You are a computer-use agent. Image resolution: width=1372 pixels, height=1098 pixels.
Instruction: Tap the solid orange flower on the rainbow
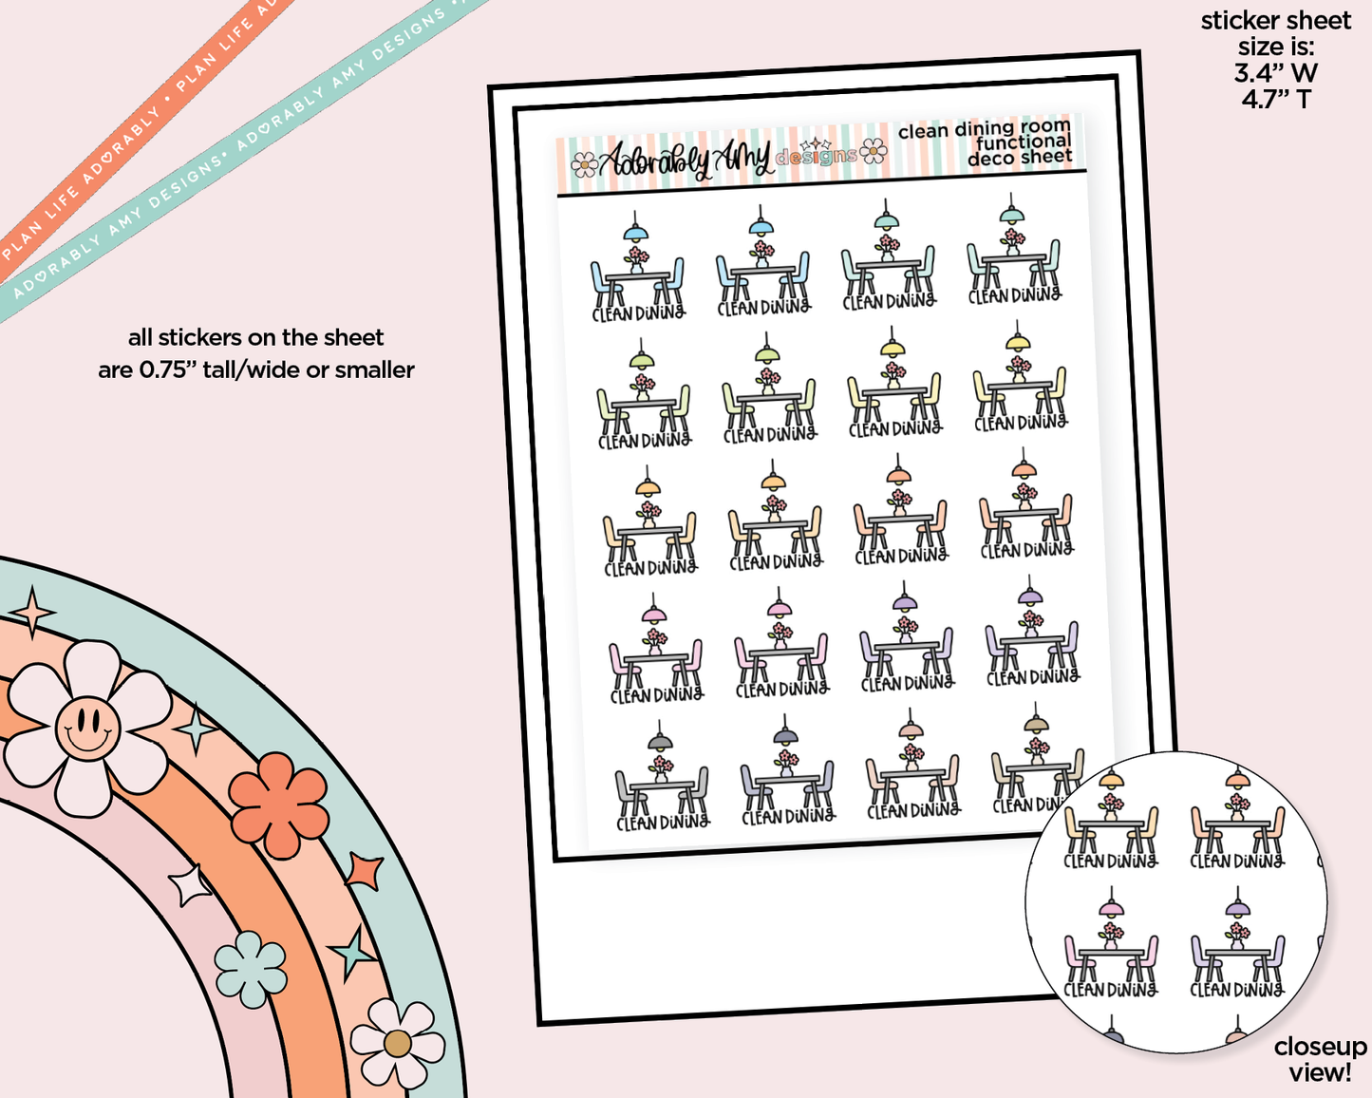click(x=279, y=805)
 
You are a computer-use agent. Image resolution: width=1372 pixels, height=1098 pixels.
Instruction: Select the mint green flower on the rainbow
click(x=251, y=968)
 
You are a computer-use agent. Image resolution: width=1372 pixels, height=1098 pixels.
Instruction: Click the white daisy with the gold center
click(x=397, y=1043)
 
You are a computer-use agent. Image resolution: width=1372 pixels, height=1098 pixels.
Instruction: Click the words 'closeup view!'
click(x=1320, y=1059)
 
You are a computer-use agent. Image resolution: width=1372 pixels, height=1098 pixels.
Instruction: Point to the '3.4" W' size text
click(x=1275, y=72)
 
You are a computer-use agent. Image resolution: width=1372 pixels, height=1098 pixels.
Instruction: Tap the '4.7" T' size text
click(x=1275, y=98)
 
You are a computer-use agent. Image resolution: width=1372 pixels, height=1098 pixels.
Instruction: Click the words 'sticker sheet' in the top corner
click(x=1275, y=21)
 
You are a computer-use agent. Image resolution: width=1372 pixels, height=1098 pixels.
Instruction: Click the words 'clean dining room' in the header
click(x=984, y=128)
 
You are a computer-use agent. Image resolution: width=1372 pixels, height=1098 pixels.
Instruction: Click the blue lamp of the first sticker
click(x=635, y=233)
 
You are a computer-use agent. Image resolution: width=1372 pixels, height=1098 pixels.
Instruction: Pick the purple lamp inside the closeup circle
click(x=1236, y=909)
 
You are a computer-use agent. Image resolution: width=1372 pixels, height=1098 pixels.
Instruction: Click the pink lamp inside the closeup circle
click(x=1110, y=909)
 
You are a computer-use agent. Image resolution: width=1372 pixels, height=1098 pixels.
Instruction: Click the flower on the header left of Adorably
click(x=584, y=166)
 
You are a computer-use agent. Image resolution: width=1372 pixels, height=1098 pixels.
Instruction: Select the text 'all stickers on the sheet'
click(x=255, y=337)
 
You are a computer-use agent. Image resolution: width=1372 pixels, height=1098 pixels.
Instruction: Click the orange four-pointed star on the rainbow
click(x=365, y=871)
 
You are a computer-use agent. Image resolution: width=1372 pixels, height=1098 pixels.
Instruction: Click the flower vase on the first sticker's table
click(x=637, y=261)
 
